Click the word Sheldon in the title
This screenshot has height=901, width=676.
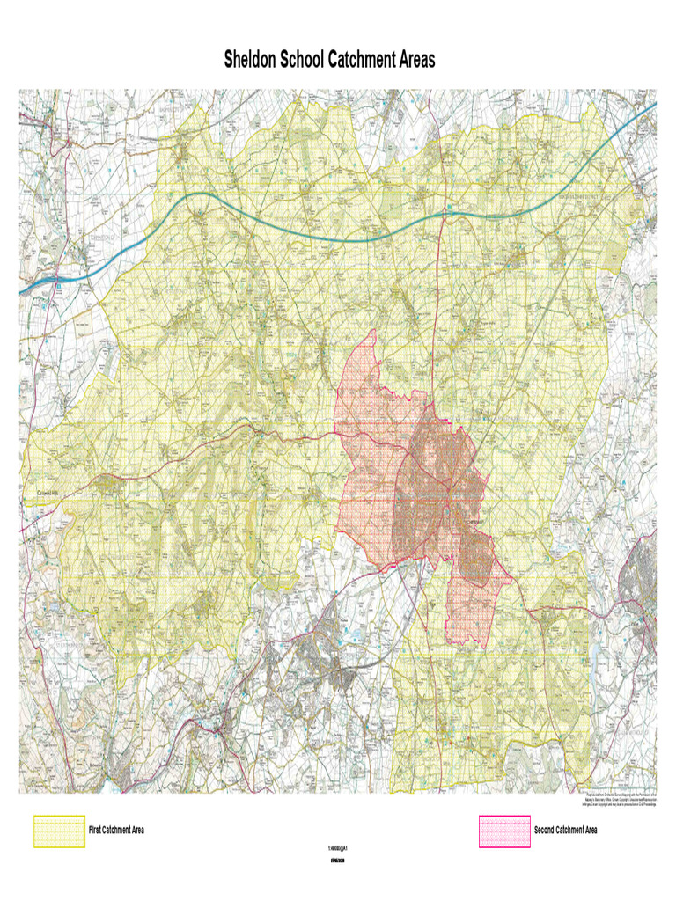[249, 61]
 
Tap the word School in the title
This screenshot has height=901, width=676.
[301, 61]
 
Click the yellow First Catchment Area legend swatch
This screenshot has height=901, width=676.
[59, 831]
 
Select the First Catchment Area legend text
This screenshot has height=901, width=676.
[116, 831]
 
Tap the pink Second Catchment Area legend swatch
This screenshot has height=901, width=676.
[504, 831]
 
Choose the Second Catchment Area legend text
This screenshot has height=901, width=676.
[565, 831]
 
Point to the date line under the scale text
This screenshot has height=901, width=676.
[338, 861]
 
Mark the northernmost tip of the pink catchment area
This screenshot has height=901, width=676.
[374, 331]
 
